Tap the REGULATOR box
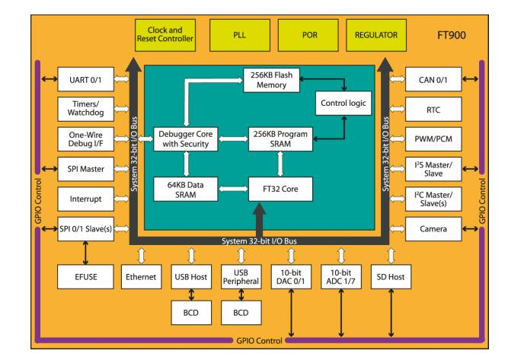click(x=374, y=35)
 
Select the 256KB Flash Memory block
click(x=271, y=80)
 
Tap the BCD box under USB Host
click(x=187, y=312)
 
